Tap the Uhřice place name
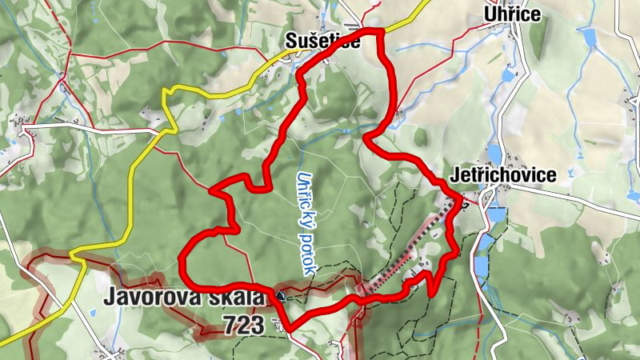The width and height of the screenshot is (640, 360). (x=512, y=14)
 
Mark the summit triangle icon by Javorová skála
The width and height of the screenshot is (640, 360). (x=280, y=298)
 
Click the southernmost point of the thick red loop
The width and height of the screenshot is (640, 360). (x=289, y=327)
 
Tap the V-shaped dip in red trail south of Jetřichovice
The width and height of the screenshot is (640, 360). (x=433, y=293)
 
